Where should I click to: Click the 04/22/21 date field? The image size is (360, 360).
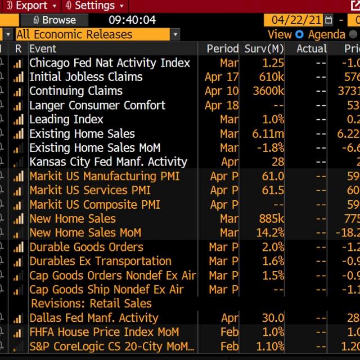click(x=296, y=20)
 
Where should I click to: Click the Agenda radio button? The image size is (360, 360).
click(x=300, y=34)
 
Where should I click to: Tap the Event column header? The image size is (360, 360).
click(x=43, y=48)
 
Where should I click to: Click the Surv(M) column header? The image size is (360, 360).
click(x=264, y=48)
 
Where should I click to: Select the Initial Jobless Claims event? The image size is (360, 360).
click(x=85, y=77)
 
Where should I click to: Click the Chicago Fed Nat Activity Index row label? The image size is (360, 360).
click(x=110, y=63)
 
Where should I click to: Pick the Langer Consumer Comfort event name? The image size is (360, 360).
click(x=97, y=105)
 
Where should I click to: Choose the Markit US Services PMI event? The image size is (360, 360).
click(x=90, y=190)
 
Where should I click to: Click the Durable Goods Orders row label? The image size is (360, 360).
click(x=86, y=247)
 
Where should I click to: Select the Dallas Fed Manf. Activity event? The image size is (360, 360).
click(x=93, y=318)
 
